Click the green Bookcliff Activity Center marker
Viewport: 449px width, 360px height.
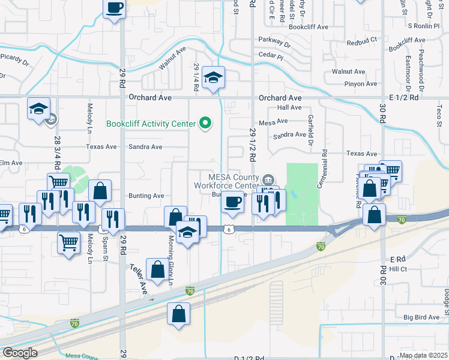206,124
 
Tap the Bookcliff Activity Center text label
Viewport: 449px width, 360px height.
151,124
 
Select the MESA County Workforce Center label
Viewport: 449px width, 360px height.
233,181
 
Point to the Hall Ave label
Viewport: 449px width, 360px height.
289,107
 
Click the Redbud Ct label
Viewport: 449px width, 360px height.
365,40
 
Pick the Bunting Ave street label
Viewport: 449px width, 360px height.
146,196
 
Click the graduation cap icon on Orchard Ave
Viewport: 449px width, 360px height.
213,78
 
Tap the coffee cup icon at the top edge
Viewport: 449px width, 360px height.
114,8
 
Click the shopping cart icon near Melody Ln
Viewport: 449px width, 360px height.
69,243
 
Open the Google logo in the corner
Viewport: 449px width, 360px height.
20,353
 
